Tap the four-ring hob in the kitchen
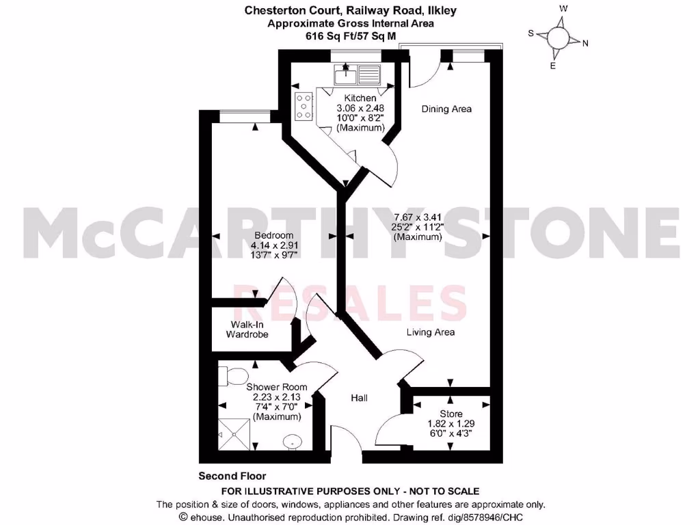[x=304, y=107]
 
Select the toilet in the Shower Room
[x=232, y=376]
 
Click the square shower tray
[x=233, y=430]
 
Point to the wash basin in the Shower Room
[x=293, y=441]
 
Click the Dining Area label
[x=446, y=109]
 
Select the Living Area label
[x=431, y=332]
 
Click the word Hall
[x=360, y=397]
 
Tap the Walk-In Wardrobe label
[x=249, y=329]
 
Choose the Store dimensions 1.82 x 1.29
[x=450, y=423]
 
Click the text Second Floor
[x=232, y=476]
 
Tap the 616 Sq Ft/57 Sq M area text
[x=350, y=36]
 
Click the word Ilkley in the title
[x=442, y=10]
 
